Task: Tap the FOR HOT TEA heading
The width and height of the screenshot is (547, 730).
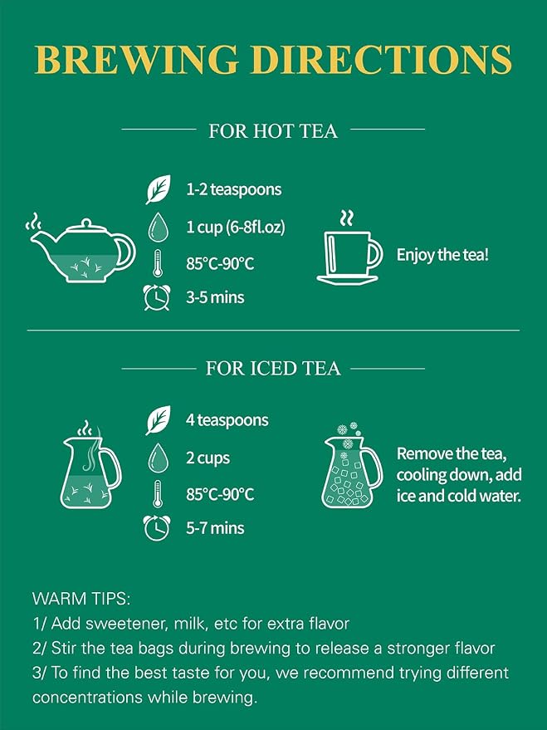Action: point(273,131)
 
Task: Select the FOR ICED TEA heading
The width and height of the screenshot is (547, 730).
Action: point(273,368)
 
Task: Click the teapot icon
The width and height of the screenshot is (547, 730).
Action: point(81,248)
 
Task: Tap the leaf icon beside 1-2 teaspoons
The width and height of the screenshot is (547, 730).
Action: point(159,189)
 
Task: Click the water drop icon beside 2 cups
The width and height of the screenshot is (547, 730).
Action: point(158,458)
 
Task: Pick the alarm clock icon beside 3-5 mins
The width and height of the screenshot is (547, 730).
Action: point(157,297)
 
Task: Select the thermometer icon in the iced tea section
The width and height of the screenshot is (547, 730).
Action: point(158,493)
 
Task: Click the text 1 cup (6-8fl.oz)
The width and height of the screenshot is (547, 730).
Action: point(236,228)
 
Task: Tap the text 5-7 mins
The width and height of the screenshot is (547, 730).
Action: point(215,528)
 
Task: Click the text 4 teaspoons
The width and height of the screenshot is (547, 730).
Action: point(227,420)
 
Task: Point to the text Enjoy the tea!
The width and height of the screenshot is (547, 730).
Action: point(442,255)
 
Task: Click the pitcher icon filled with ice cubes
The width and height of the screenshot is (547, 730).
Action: point(352,465)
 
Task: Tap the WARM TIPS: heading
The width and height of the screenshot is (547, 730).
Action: point(81,598)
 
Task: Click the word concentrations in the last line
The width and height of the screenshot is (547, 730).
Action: point(87,698)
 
